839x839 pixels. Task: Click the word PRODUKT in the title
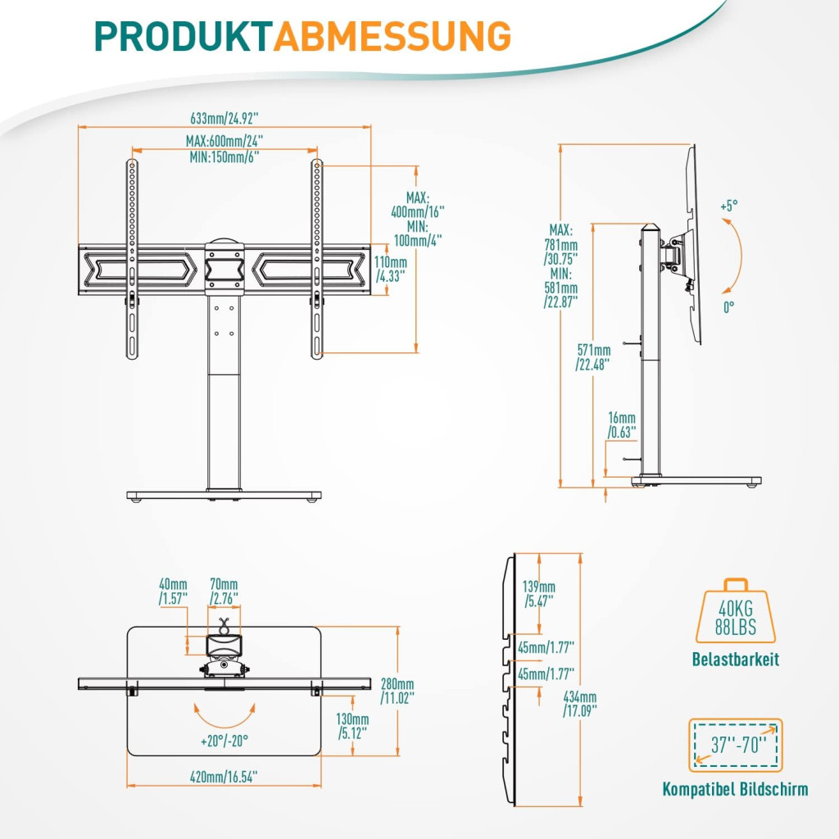[x=183, y=36]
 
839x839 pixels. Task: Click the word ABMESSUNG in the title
[x=392, y=36]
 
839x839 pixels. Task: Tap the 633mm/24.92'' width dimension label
[x=223, y=116]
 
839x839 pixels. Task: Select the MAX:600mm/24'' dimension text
[x=224, y=141]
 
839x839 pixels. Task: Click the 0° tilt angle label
[x=728, y=305]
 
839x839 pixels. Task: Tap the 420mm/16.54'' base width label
[x=224, y=774]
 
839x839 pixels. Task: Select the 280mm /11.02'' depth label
[x=397, y=690]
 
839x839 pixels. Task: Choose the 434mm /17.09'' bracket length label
[x=581, y=703]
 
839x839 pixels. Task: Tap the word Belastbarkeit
[x=735, y=660]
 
